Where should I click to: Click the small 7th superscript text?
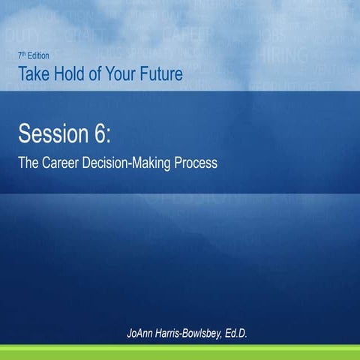[21, 55]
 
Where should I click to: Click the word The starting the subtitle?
[28, 162]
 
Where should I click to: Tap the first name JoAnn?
[144, 332]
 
